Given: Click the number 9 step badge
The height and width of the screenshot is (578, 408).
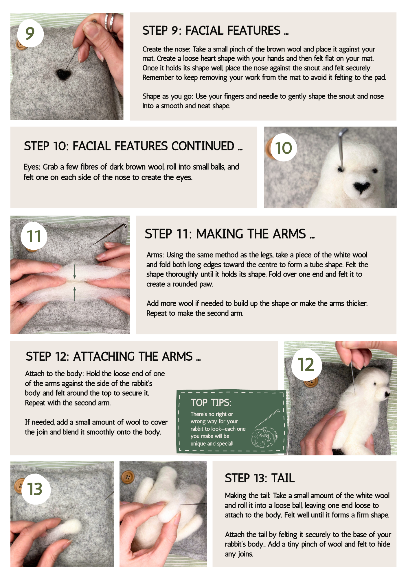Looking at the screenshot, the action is tap(30, 34).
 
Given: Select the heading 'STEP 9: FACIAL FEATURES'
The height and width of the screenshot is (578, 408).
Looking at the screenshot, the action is tap(216, 31).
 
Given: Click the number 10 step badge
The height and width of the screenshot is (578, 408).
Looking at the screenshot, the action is tap(284, 148).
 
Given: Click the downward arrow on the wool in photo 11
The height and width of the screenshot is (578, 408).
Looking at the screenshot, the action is tap(75, 271).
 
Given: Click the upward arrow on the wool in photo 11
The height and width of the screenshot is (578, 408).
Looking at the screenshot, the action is tap(75, 294).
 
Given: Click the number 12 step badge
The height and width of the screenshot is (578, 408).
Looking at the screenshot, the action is tap(306, 364).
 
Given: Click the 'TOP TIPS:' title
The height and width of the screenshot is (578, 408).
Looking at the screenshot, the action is tap(211, 403).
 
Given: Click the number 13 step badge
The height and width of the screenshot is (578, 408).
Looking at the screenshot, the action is tap(35, 489).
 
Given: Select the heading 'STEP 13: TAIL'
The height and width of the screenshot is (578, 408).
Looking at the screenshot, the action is tap(260, 478).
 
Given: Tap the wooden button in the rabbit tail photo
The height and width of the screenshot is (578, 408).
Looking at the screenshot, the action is tap(128, 477).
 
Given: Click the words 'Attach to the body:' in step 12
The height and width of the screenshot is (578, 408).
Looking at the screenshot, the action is tap(55, 374).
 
